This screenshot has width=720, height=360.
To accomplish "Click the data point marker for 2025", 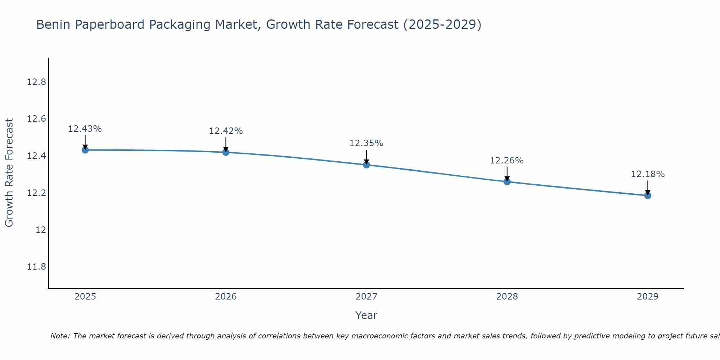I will [85, 150].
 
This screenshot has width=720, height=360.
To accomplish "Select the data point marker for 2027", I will [366, 165].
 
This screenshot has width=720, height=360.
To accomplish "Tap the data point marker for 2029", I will [648, 195].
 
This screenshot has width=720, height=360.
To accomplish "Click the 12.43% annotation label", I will [85, 129].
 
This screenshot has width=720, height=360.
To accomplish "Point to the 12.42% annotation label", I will [226, 131].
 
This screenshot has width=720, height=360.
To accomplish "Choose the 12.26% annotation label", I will [507, 161].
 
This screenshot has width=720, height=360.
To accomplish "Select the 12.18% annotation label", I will [648, 174].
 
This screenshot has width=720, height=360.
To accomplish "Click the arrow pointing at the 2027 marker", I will [366, 157].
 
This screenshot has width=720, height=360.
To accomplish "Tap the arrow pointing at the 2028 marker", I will [507, 174].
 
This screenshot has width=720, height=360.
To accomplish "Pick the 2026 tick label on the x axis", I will [226, 297].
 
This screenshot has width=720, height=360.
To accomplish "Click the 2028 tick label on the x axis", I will [507, 297].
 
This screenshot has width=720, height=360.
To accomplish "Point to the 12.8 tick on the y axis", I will [36, 82].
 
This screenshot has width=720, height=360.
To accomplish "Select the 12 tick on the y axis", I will [41, 230].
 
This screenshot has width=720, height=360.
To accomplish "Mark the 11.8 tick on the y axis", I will [36, 267].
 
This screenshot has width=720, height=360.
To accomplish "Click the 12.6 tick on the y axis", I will [36, 119].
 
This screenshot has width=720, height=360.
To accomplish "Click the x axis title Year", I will [366, 315].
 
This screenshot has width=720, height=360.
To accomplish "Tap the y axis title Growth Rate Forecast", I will [9, 173].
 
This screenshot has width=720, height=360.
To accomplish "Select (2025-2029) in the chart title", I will [442, 25].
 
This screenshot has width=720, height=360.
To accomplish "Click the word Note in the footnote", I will [59, 336].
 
